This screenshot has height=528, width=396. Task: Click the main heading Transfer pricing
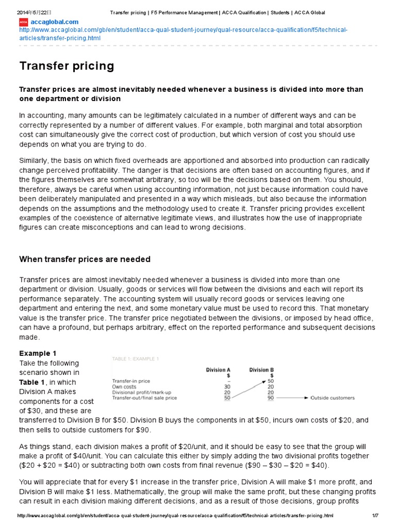(x=67, y=66)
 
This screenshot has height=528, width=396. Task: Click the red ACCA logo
(x=23, y=22)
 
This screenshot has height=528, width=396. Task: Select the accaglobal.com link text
(x=55, y=22)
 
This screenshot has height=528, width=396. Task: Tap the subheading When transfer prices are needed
(x=85, y=259)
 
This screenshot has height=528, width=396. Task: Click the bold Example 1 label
(x=38, y=353)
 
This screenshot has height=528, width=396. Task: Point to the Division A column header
(x=218, y=370)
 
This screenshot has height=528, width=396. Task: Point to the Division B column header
(x=261, y=370)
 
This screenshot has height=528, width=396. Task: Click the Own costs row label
(x=124, y=387)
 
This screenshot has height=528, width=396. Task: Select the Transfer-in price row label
(x=131, y=381)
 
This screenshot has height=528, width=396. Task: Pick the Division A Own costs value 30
(x=227, y=387)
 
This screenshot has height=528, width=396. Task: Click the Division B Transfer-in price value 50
(x=271, y=381)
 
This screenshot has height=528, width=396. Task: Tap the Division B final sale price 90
(x=271, y=398)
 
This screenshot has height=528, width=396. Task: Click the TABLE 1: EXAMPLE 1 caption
(x=136, y=359)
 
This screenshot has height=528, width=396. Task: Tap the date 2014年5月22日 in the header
(x=30, y=12)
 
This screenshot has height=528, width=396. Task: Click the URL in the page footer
(x=175, y=516)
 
